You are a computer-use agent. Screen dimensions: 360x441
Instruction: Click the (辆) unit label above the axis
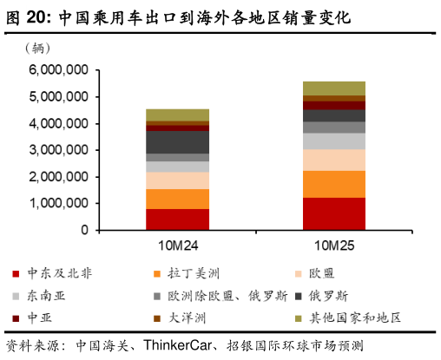[x=44, y=49]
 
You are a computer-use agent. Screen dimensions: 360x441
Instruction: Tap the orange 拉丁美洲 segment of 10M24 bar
[x=177, y=199]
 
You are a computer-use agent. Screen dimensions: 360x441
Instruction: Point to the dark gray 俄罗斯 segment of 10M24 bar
[x=177, y=141]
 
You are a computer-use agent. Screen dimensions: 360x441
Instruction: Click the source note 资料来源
[x=40, y=344]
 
